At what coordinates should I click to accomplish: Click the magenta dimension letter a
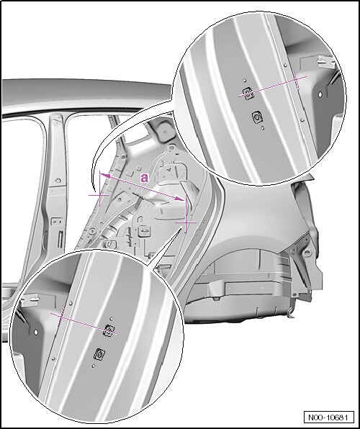click(144, 178)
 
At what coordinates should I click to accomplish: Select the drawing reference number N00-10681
click(328, 417)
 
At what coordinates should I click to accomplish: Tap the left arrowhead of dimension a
click(105, 176)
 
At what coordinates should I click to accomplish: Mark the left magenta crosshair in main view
click(99, 195)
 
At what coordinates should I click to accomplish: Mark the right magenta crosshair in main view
click(186, 222)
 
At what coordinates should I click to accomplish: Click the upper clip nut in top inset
click(248, 94)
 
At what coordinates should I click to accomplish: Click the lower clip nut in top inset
click(257, 117)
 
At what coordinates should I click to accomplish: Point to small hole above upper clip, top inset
click(245, 81)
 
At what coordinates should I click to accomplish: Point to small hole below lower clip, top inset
click(262, 128)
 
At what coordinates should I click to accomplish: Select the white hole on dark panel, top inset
click(320, 94)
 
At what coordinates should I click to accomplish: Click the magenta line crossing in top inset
click(296, 80)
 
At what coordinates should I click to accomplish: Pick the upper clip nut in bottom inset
click(109, 331)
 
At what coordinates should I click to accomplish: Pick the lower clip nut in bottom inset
click(99, 354)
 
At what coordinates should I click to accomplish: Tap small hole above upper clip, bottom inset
click(112, 319)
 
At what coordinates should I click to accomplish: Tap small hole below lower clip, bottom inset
click(94, 366)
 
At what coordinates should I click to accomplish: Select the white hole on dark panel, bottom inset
click(35, 332)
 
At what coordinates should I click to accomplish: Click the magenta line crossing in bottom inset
click(60, 317)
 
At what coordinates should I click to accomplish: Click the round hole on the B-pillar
click(58, 181)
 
